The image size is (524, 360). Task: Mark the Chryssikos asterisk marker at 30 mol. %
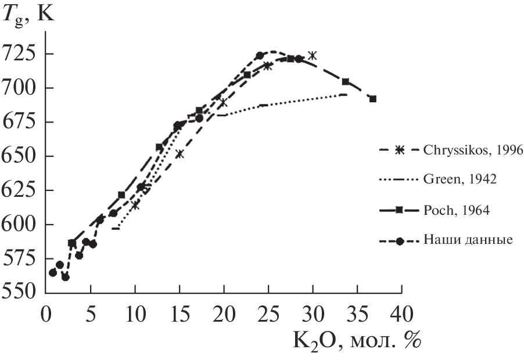pos(313,56)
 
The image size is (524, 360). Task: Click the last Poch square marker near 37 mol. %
pos(373,99)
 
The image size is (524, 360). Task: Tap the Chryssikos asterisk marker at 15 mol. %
pos(180,154)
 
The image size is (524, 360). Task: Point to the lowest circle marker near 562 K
pos(66,277)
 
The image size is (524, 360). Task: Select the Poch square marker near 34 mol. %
pos(346,82)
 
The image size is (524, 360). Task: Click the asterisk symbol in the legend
pos(399,151)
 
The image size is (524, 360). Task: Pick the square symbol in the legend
pos(399,211)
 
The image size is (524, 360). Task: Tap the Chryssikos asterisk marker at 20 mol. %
pos(224,103)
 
